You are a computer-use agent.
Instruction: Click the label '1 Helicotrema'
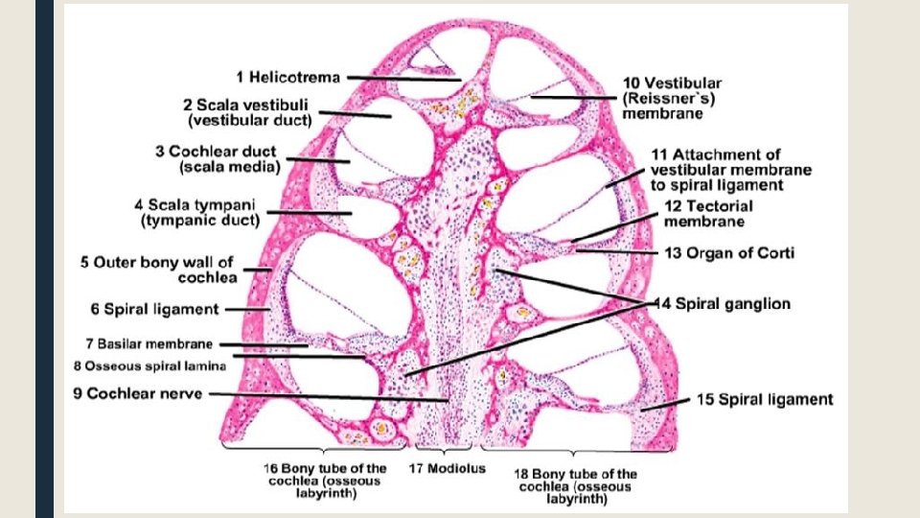[287, 77]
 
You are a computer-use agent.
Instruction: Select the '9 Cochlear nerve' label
[139, 393]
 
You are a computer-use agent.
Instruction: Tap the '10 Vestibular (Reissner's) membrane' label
[671, 99]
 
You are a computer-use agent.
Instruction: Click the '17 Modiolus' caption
[448, 469]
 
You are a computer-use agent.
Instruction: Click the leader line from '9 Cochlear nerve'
[326, 394]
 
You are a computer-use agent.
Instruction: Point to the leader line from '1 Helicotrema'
[402, 78]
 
